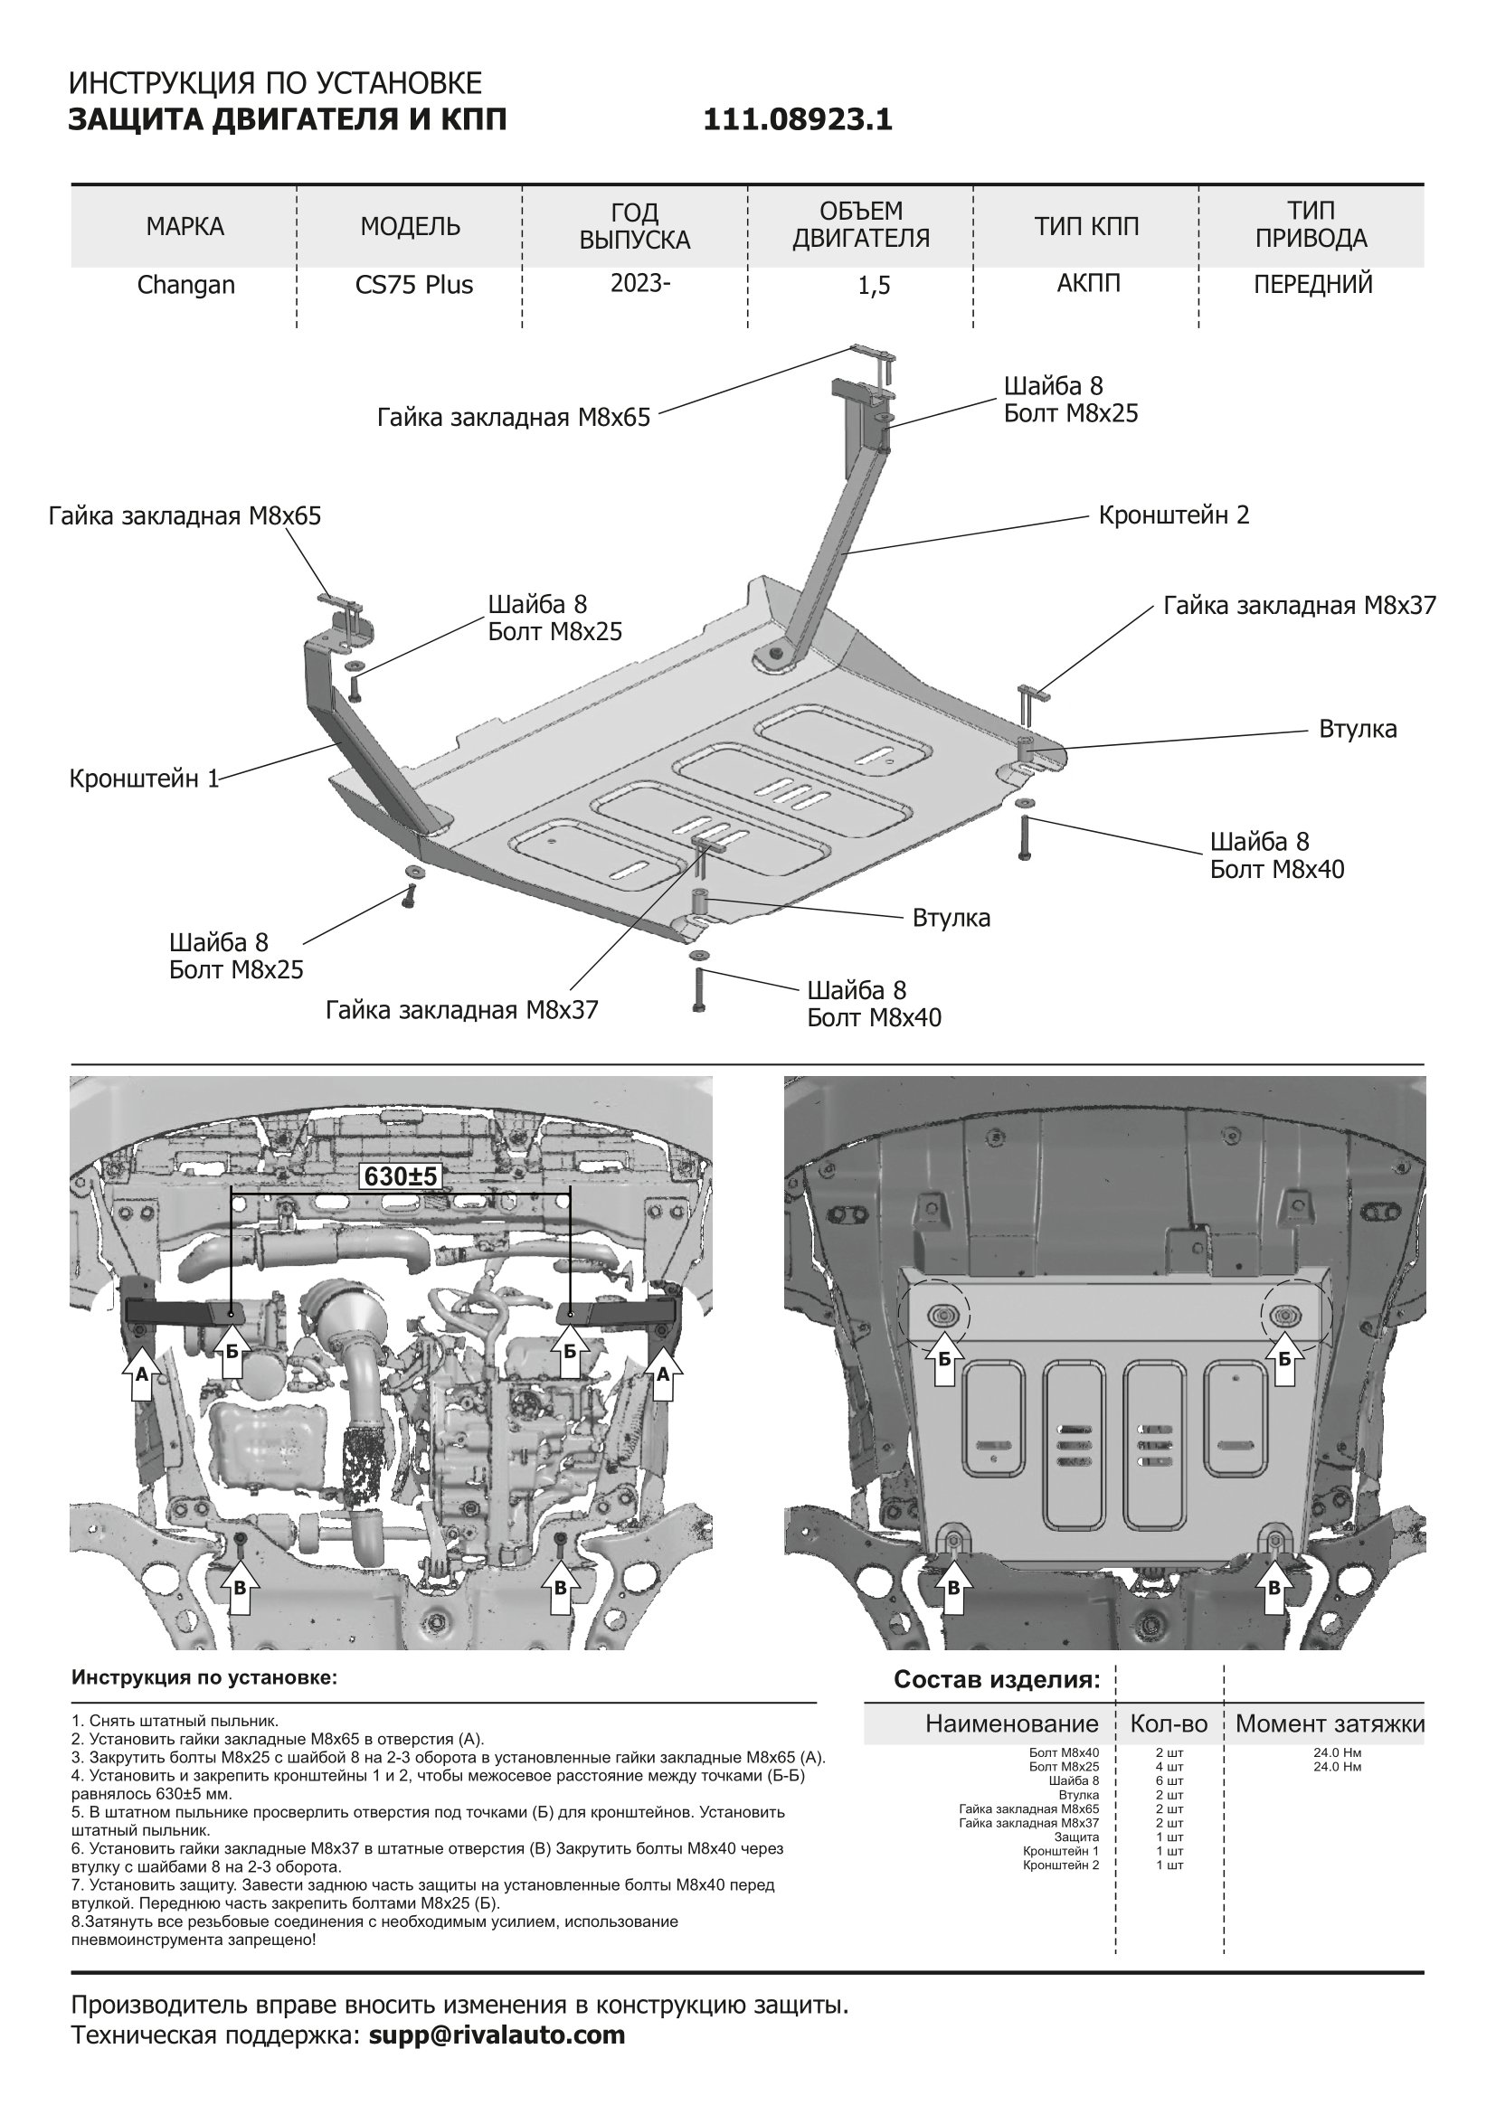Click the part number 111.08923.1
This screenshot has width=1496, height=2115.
[x=798, y=120]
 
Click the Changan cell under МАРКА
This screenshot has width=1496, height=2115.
[x=186, y=286]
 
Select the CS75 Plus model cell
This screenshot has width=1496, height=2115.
[x=413, y=286]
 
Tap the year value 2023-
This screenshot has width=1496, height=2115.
[x=640, y=283]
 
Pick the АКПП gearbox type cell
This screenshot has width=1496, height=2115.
[x=1089, y=283]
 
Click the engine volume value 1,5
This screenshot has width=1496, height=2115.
[x=874, y=287]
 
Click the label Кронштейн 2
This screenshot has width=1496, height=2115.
[x=1174, y=515]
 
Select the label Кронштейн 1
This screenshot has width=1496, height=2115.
[x=145, y=779]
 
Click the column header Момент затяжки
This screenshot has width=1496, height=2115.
[x=1330, y=1723]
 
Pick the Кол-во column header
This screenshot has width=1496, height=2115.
[x=1168, y=1723]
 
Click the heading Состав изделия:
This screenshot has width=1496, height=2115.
[x=997, y=1679]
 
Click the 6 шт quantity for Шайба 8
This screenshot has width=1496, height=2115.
[x=1169, y=1780]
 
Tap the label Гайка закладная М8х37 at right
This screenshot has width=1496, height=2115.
[x=1299, y=606]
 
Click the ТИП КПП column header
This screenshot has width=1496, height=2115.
[x=1087, y=227]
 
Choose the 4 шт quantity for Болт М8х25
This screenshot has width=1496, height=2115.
[x=1169, y=1767]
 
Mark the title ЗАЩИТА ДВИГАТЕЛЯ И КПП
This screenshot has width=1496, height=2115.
[x=288, y=120]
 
